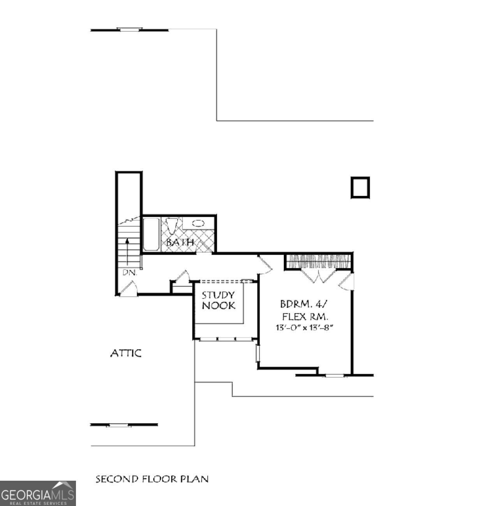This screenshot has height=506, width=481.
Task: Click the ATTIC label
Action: click(x=126, y=353)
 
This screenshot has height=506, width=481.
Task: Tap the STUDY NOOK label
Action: click(x=218, y=300)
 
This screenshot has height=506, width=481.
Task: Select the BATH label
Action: click(x=180, y=242)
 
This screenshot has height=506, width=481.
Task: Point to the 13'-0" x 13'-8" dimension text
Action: click(x=305, y=328)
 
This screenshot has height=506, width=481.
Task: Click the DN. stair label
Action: click(x=130, y=273)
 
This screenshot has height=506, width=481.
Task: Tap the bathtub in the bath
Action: click(x=151, y=234)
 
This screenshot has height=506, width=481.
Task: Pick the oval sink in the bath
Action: click(x=198, y=223)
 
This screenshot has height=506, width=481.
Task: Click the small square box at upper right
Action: click(x=360, y=188)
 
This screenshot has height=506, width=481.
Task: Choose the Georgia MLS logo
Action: click(x=38, y=494)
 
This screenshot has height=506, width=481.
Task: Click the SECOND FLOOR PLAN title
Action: click(x=152, y=479)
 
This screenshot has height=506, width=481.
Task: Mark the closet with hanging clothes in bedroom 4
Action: click(x=319, y=261)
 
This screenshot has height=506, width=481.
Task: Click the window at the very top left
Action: click(x=130, y=29)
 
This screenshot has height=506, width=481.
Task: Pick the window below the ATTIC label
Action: click(x=118, y=425)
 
